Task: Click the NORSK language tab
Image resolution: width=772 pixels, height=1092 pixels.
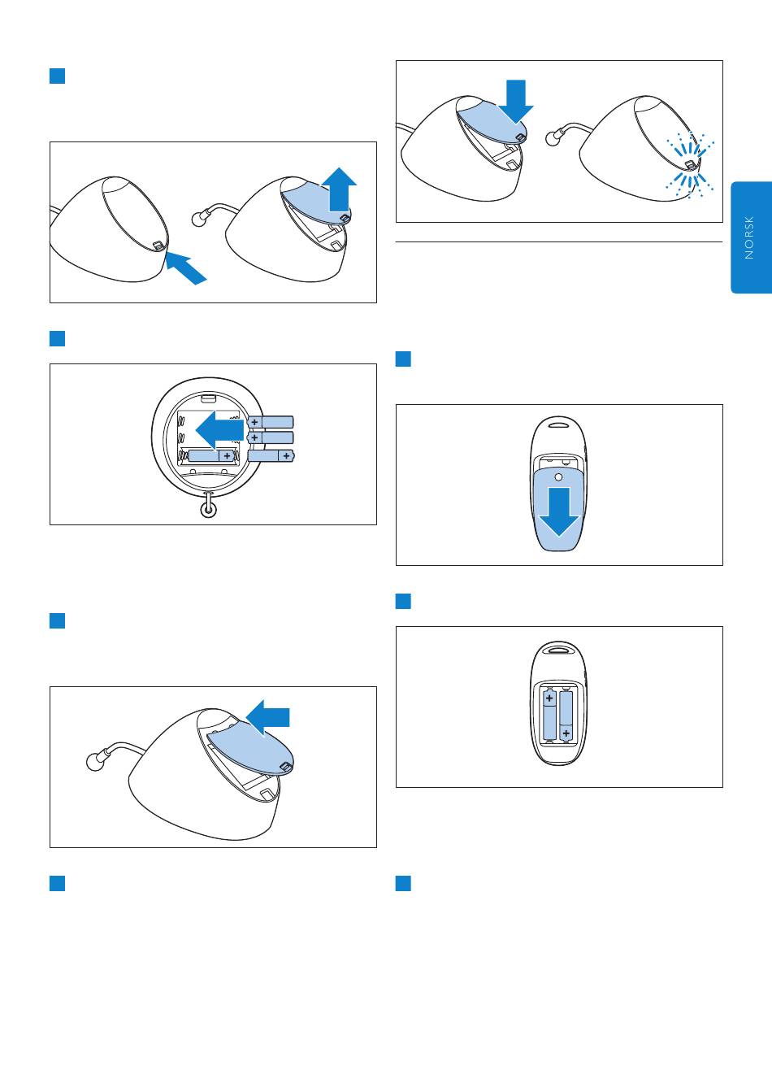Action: [751, 237]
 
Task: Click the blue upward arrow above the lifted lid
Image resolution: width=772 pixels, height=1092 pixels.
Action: [340, 189]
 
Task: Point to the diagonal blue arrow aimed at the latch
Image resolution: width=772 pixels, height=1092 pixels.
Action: [185, 268]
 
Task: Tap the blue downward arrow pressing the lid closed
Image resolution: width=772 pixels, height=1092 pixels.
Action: [516, 102]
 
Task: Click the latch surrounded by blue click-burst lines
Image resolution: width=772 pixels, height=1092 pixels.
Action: [691, 165]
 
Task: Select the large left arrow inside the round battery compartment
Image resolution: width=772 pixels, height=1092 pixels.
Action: [219, 430]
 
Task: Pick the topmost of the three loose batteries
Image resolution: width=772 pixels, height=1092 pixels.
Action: [271, 422]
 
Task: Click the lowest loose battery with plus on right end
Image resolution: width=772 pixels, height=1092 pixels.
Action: [271, 456]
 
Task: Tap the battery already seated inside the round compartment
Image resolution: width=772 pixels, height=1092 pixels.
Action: [211, 456]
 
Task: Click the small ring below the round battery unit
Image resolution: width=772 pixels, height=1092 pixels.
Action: [209, 510]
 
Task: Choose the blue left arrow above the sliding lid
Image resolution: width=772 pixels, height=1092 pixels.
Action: [268, 717]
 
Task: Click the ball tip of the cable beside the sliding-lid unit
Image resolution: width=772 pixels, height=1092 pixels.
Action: [94, 762]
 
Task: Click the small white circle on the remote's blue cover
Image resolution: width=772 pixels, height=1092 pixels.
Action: [558, 477]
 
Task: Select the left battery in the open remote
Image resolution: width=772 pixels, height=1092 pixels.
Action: [549, 716]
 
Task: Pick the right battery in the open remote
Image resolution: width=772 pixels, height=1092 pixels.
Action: [566, 716]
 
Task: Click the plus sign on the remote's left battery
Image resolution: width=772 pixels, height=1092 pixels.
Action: [549, 698]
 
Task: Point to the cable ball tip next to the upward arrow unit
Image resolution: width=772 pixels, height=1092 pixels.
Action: [199, 220]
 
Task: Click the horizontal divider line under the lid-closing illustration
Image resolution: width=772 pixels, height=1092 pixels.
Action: [559, 241]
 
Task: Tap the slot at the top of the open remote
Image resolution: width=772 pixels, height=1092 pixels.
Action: [558, 650]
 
